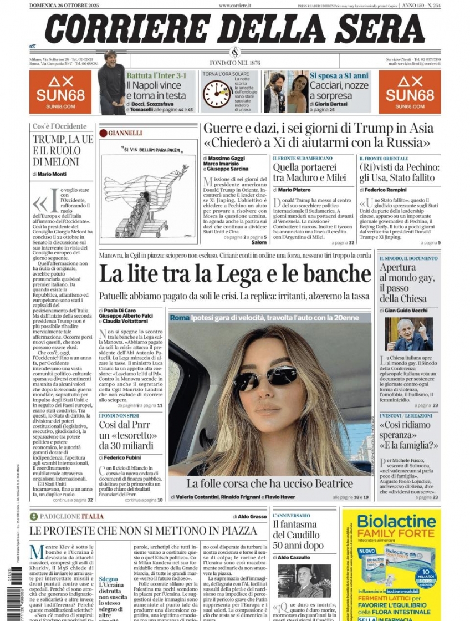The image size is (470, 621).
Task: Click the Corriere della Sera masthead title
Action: point(234,29)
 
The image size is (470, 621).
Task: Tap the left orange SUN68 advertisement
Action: point(60,92)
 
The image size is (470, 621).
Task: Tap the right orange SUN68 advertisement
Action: point(410,92)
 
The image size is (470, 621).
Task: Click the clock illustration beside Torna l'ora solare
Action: point(216,94)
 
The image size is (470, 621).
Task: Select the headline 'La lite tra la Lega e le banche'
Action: point(234,274)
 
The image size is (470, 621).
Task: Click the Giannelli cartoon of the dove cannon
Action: point(148,191)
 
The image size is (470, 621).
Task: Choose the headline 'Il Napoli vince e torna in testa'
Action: point(156,90)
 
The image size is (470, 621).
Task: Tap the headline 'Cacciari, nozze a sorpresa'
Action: point(339,90)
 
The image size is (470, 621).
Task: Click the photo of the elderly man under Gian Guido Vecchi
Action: point(408,334)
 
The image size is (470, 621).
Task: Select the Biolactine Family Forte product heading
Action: point(396,526)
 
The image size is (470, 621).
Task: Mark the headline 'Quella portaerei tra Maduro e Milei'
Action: point(309,172)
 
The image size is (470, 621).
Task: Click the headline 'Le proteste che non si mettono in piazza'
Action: point(143,531)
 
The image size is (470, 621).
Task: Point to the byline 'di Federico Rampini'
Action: point(387,190)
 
